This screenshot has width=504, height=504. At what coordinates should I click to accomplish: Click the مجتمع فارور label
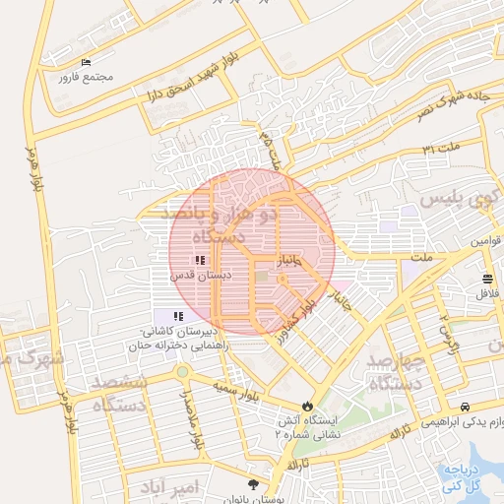[86, 77]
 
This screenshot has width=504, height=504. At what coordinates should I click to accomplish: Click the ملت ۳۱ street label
[442, 149]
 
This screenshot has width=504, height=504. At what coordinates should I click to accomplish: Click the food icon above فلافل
[488, 279]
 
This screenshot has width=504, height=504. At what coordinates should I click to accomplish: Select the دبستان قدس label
[200, 276]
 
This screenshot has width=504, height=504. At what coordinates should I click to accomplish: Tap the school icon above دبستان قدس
[200, 261]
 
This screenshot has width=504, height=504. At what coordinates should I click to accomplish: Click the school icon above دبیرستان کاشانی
[178, 316]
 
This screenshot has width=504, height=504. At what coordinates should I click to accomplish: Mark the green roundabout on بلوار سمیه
[183, 371]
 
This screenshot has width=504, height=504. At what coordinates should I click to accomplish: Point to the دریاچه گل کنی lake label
[463, 476]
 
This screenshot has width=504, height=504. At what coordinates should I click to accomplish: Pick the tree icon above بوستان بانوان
[254, 484]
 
